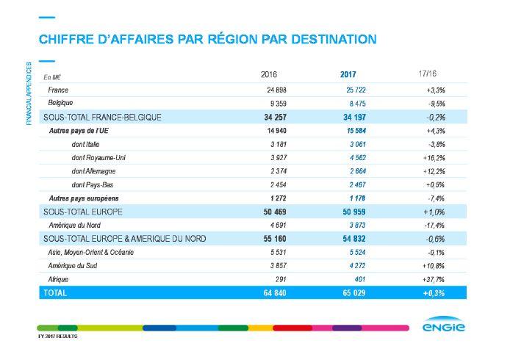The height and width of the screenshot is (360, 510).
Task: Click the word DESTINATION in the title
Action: tap(331, 38)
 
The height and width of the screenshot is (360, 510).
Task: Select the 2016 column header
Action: tap(270, 75)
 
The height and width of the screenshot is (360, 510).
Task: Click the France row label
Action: tap(58, 89)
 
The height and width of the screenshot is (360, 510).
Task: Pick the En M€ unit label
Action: tap(52, 76)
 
